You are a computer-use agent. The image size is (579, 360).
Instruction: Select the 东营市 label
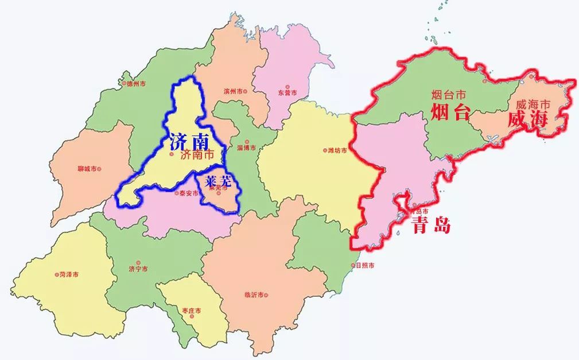(287, 92)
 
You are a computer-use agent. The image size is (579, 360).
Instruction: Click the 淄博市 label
(252, 148)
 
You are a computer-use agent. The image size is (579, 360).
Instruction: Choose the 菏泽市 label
(68, 274)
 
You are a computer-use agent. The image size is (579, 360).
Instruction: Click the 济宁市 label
(138, 269)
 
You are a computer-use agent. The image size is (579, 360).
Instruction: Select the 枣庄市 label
(192, 311)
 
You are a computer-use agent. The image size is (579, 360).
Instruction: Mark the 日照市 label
(364, 265)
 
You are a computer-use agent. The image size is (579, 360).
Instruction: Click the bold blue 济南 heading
(188, 141)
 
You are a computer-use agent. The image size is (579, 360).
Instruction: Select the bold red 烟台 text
(450, 113)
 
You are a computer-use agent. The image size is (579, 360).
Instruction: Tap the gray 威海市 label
(533, 104)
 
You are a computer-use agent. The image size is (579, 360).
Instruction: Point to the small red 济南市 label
(196, 155)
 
